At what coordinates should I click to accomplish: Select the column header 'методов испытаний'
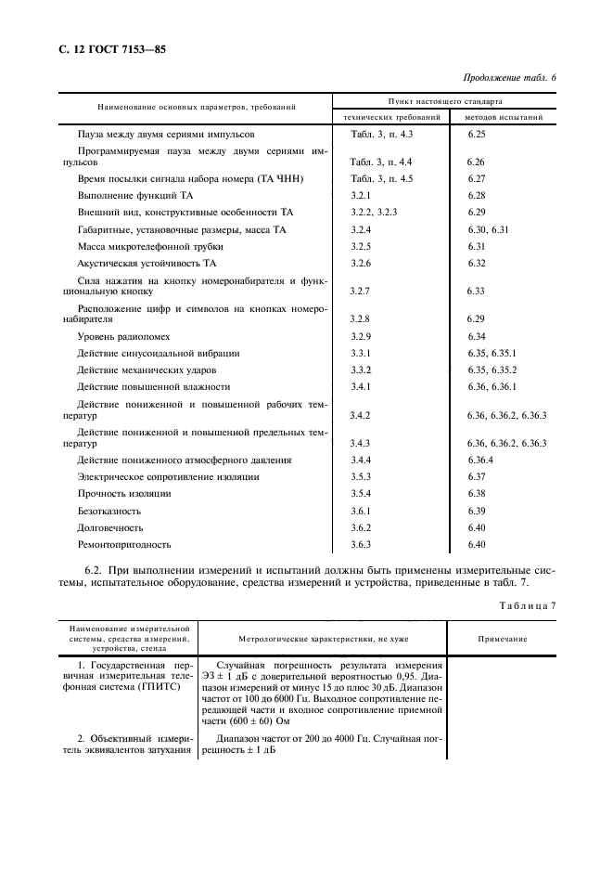click(x=504, y=118)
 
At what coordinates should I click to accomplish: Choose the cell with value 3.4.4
click(x=361, y=460)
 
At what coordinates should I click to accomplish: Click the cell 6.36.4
click(x=480, y=460)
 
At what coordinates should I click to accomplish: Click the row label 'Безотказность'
click(x=109, y=511)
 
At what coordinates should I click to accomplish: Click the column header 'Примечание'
click(x=502, y=640)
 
